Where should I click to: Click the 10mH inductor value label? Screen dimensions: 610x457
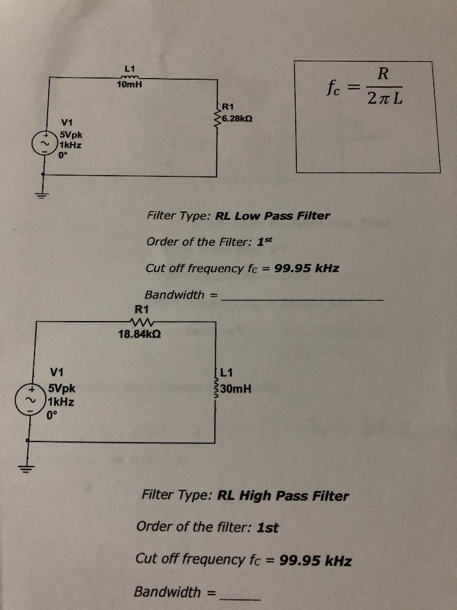pos(129,86)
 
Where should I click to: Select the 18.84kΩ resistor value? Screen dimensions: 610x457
pos(140,334)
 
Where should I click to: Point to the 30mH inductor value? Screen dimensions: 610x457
pos(236,390)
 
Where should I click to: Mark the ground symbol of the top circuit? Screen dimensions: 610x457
pos(42,195)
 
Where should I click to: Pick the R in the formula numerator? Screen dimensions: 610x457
pos(383,74)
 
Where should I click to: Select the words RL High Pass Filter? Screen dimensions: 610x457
pos(283,496)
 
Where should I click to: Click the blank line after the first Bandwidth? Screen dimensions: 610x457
pos(301,299)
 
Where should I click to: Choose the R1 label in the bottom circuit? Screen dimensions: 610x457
pos(142,309)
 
